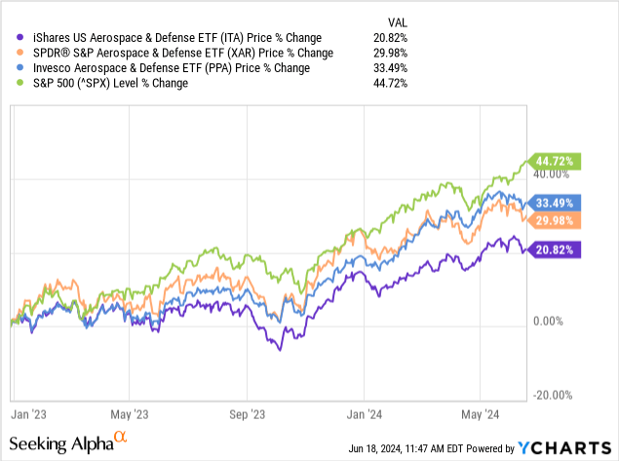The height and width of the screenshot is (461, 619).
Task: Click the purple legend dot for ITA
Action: coord(10,37)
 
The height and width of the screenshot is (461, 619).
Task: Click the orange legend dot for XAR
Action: coord(10,53)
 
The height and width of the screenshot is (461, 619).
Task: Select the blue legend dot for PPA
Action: coord(10,68)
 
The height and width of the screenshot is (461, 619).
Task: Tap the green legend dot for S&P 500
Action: coord(10,84)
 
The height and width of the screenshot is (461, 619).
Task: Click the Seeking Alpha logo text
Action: coord(73,444)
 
